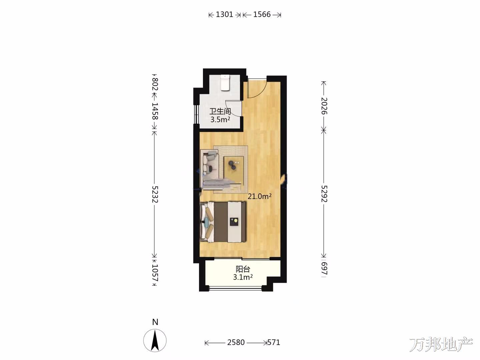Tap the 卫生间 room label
point(220,111)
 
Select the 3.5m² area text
point(220,120)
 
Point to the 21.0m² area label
point(260,196)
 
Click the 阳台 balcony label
point(243,269)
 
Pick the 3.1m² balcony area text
point(243,277)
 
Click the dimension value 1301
point(224,14)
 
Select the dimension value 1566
point(262,14)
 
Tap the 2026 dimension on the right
point(324,106)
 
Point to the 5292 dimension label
point(324,194)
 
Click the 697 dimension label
point(324,268)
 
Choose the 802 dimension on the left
point(155,84)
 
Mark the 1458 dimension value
point(155,111)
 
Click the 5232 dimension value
point(155,194)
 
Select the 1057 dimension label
point(155,273)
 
